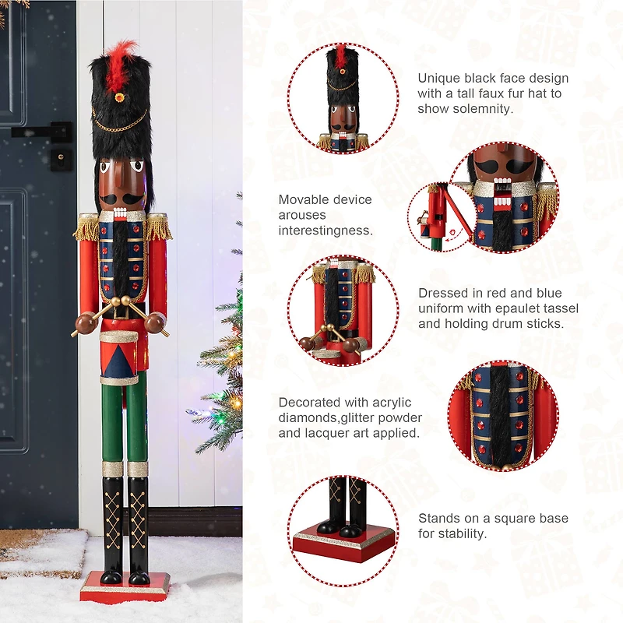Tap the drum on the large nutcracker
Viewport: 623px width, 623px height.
[x=119, y=354]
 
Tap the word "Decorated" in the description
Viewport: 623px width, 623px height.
[x=310, y=403]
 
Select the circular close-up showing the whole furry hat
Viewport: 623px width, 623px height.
[x=343, y=97]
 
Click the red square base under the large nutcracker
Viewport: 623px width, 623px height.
[x=125, y=586]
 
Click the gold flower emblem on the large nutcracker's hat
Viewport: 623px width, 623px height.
[x=119, y=99]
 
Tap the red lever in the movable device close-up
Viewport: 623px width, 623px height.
[x=456, y=222]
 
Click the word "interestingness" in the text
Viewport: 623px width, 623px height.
[x=326, y=231]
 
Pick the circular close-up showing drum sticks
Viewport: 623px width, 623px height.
[x=343, y=311]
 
